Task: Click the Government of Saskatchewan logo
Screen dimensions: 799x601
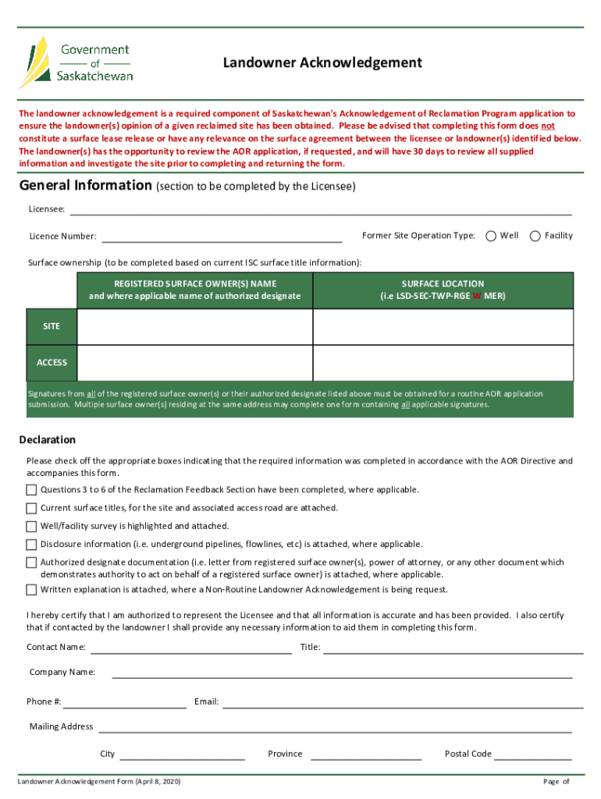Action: pos(76,62)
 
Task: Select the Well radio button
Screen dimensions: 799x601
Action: pos(492,236)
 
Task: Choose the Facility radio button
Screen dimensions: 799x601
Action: pos(535,236)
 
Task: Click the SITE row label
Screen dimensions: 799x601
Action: pos(52,326)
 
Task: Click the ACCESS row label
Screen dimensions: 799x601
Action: pos(52,363)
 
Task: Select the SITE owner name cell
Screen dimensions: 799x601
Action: pos(194,326)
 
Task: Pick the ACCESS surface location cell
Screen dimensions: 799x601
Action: pos(443,363)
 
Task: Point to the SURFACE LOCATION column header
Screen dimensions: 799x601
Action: pos(443,289)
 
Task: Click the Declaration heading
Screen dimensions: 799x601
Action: pos(48,439)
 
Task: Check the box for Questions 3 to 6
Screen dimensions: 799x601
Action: pos(31,490)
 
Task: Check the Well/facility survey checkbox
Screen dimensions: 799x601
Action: pos(31,527)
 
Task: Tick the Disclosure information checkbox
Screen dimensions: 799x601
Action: pos(31,545)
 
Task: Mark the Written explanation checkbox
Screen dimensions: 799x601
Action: pos(31,590)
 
